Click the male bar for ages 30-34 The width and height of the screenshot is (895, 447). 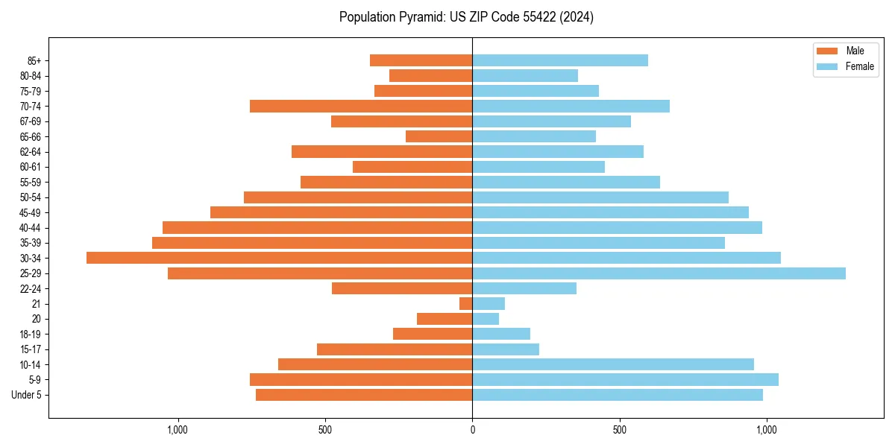pos(279,258)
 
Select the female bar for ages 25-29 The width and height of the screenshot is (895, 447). pos(659,273)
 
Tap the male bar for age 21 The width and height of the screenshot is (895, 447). pos(466,304)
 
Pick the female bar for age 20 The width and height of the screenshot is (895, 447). pos(486,319)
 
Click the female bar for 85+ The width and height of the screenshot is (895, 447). pos(560,60)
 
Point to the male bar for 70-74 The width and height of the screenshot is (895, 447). pos(361,106)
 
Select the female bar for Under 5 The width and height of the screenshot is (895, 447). pos(618,395)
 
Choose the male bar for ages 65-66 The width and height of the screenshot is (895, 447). pos(439,136)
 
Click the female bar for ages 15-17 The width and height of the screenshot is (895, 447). pos(506,349)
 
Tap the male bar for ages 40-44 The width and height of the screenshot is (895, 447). pos(317,227)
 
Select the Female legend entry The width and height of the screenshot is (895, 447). pos(846,66)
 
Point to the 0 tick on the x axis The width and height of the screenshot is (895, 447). pos(472,430)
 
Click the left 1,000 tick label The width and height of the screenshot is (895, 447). pos(178,430)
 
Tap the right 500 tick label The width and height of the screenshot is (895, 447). pos(619,430)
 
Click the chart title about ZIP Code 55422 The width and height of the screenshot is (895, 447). pos(466,17)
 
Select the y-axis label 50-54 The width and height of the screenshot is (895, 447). pos(31,197)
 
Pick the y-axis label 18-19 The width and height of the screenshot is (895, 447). pos(31,335)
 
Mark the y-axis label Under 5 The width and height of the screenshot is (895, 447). pos(27,395)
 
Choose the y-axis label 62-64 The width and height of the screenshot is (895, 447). pos(31,152)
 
